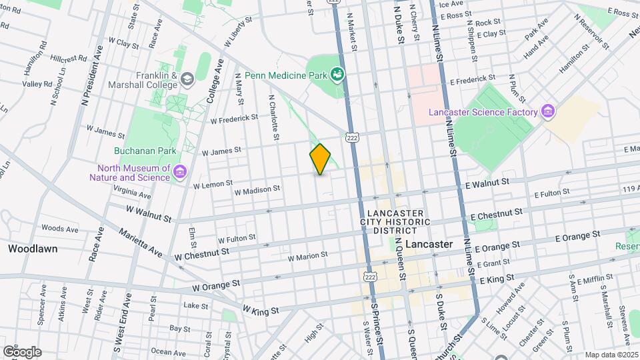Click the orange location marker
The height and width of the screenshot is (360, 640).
pos(320,159)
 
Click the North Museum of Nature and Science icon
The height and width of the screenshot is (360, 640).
pos(179,173)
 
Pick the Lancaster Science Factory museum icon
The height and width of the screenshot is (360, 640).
pos(549,110)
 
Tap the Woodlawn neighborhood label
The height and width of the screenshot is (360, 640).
pos(32,249)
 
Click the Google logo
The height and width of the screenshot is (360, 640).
pos(22,351)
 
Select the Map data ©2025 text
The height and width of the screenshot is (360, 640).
pos(610,355)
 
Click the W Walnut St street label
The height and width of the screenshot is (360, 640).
pos(148,213)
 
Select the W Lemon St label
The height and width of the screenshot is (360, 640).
pos(213,183)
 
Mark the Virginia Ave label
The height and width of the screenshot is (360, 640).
pos(132,193)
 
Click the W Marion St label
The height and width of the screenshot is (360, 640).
pos(307,255)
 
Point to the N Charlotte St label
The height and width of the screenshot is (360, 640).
pos(273,117)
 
